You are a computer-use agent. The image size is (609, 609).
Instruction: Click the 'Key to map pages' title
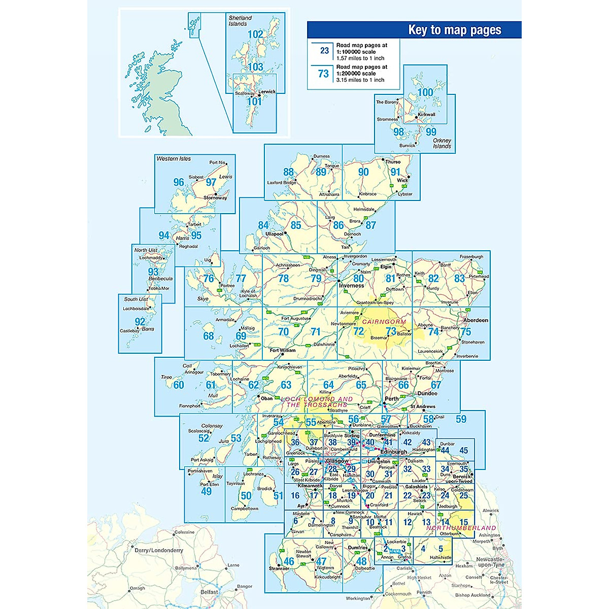454,30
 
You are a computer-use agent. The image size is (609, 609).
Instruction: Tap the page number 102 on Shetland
255,35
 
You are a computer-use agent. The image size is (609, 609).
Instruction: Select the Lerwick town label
267,92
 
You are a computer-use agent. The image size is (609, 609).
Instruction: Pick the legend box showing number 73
323,74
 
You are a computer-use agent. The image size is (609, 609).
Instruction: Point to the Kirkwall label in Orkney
426,115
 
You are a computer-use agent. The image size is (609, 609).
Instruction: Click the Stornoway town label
215,198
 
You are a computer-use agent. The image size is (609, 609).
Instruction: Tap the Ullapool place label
275,234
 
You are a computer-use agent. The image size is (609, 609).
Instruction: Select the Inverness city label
352,286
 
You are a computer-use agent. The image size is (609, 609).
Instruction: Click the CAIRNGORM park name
384,322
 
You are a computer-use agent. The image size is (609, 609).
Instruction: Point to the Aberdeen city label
476,320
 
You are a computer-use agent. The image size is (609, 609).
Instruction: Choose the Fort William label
283,350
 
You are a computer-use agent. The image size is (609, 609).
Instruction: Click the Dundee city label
427,393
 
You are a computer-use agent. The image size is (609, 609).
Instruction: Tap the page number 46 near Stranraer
289,561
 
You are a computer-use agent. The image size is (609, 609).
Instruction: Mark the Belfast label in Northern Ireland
209,592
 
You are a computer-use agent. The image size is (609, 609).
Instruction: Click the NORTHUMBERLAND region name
461,528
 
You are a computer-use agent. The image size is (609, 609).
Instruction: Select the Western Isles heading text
174,159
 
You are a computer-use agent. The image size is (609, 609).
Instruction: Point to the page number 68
209,336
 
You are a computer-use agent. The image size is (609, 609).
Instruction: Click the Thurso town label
393,162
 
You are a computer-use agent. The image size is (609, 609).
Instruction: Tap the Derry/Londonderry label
158,550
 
